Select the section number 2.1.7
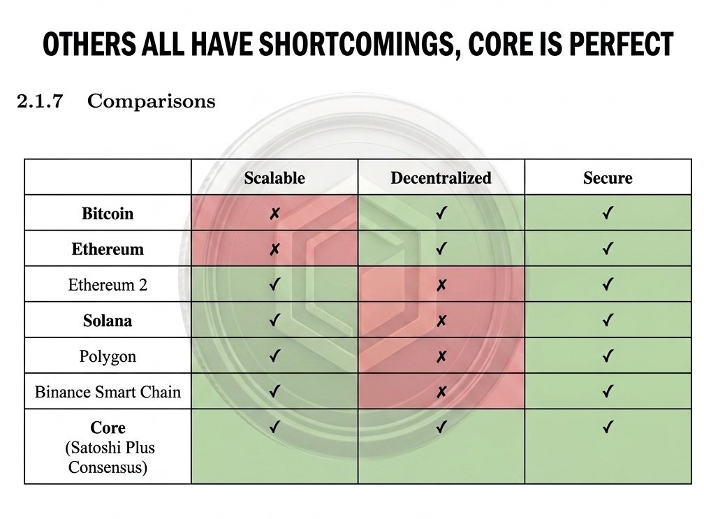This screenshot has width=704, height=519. (40, 101)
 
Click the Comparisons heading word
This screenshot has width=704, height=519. (152, 101)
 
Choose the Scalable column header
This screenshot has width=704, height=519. (274, 178)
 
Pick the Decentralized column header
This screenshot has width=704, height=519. (441, 178)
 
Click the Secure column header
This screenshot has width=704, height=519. (608, 178)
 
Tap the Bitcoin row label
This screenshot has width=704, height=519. (108, 214)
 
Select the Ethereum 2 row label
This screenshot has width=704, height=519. (108, 285)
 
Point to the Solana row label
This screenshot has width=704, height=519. (108, 321)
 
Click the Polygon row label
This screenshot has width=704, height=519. (108, 356)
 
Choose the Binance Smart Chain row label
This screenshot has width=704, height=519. (108, 392)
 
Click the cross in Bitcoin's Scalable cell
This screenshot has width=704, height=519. (274, 214)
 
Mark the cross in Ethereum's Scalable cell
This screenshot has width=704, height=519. (274, 249)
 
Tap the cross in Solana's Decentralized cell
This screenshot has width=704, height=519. (441, 321)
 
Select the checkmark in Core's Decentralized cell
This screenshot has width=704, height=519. (441, 427)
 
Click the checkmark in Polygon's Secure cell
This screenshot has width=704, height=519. (608, 356)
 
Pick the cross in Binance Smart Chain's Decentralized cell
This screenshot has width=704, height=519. (441, 392)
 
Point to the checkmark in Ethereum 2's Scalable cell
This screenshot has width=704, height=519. (274, 285)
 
